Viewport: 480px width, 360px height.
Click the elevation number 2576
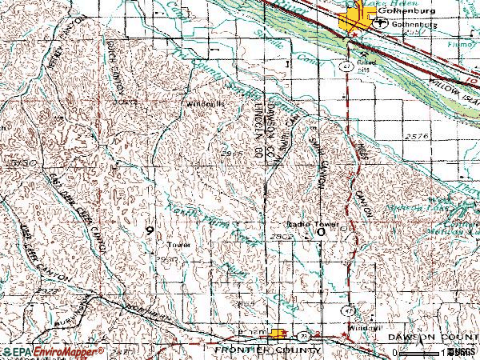(418, 138)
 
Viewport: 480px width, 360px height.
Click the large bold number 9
(150, 230)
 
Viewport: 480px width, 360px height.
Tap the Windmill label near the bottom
(362, 327)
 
